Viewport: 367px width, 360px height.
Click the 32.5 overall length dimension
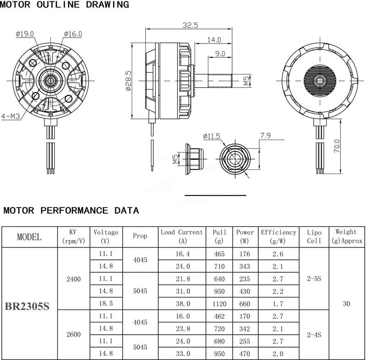(190, 25)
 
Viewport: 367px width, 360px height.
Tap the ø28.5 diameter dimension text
(128, 81)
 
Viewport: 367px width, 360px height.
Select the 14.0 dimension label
(214, 40)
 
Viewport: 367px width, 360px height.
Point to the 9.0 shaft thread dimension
(220, 54)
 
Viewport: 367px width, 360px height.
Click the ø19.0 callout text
(25, 34)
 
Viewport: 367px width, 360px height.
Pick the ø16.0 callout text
(73, 34)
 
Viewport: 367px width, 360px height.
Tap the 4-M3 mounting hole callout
(11, 116)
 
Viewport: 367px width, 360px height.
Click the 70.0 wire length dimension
(337, 146)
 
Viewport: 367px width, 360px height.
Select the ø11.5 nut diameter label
(211, 136)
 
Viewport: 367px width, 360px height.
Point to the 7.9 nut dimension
(265, 135)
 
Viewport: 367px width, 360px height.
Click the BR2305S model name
(27, 306)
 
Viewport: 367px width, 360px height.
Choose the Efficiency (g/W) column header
(278, 236)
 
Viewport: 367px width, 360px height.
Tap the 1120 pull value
(219, 304)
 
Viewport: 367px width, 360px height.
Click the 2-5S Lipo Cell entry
(314, 278)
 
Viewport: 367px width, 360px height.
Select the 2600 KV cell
(73, 334)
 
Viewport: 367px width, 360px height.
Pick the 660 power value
(245, 304)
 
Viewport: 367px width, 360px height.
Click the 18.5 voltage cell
(106, 304)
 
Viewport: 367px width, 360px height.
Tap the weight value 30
(346, 304)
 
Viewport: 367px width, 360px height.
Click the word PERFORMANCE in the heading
(74, 210)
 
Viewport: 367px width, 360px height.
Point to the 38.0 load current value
(183, 304)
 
